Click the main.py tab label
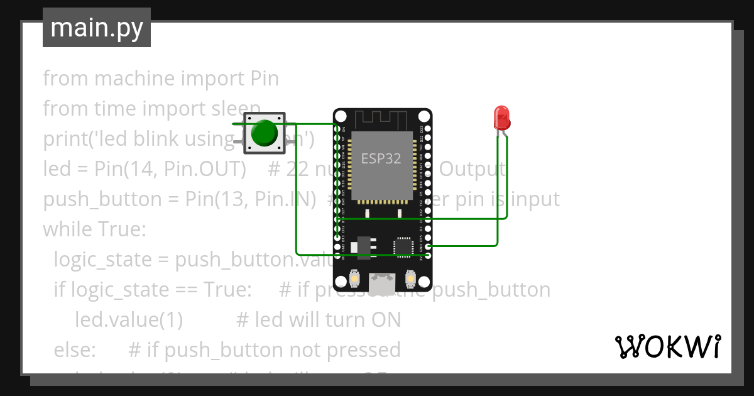[x=96, y=28]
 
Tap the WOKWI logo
[x=667, y=346]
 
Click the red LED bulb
[x=501, y=117]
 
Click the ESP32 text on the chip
[x=381, y=158]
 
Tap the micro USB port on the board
[x=382, y=283]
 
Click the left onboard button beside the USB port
[x=354, y=278]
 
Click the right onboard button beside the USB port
[x=410, y=278]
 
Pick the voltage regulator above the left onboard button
[x=363, y=246]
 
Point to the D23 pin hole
[x=428, y=129]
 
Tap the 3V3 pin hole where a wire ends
[x=428, y=255]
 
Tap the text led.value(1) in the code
[x=128, y=319]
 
